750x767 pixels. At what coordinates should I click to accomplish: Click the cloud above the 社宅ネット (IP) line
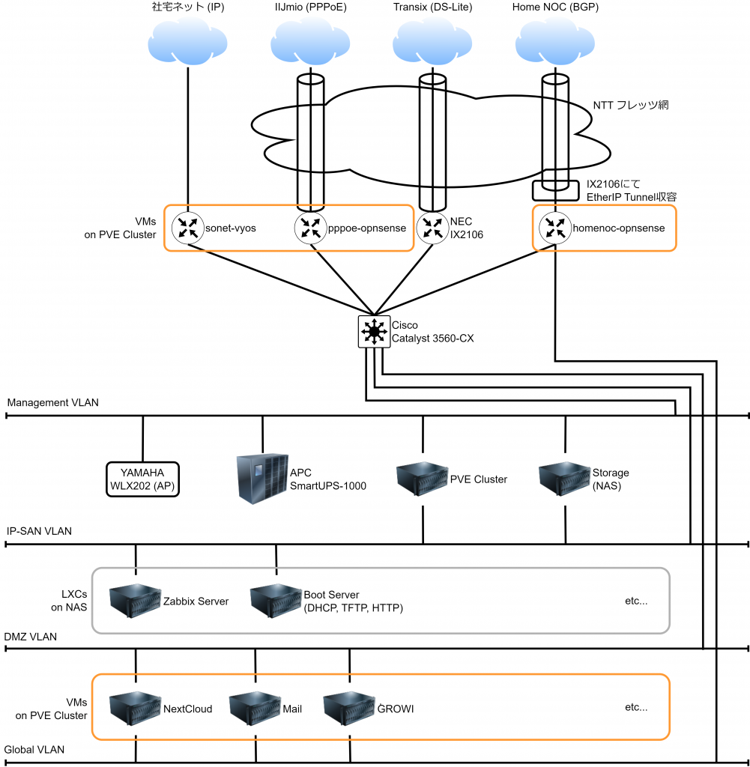(187, 42)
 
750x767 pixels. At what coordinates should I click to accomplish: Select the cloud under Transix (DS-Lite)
(432, 42)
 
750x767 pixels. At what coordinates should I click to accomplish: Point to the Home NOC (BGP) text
(555, 7)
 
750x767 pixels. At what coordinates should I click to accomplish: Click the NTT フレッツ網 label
(630, 106)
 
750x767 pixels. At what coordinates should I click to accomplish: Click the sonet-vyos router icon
(187, 228)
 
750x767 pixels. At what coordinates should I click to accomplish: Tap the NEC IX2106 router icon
(432, 228)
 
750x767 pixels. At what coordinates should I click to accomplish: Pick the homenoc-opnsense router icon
(555, 228)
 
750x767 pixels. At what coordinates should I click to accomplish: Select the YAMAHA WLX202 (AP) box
(142, 479)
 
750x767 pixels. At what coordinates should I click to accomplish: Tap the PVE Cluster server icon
(422, 478)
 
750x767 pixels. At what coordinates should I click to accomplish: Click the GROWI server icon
(349, 707)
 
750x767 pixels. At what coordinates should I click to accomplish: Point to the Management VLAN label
(52, 402)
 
